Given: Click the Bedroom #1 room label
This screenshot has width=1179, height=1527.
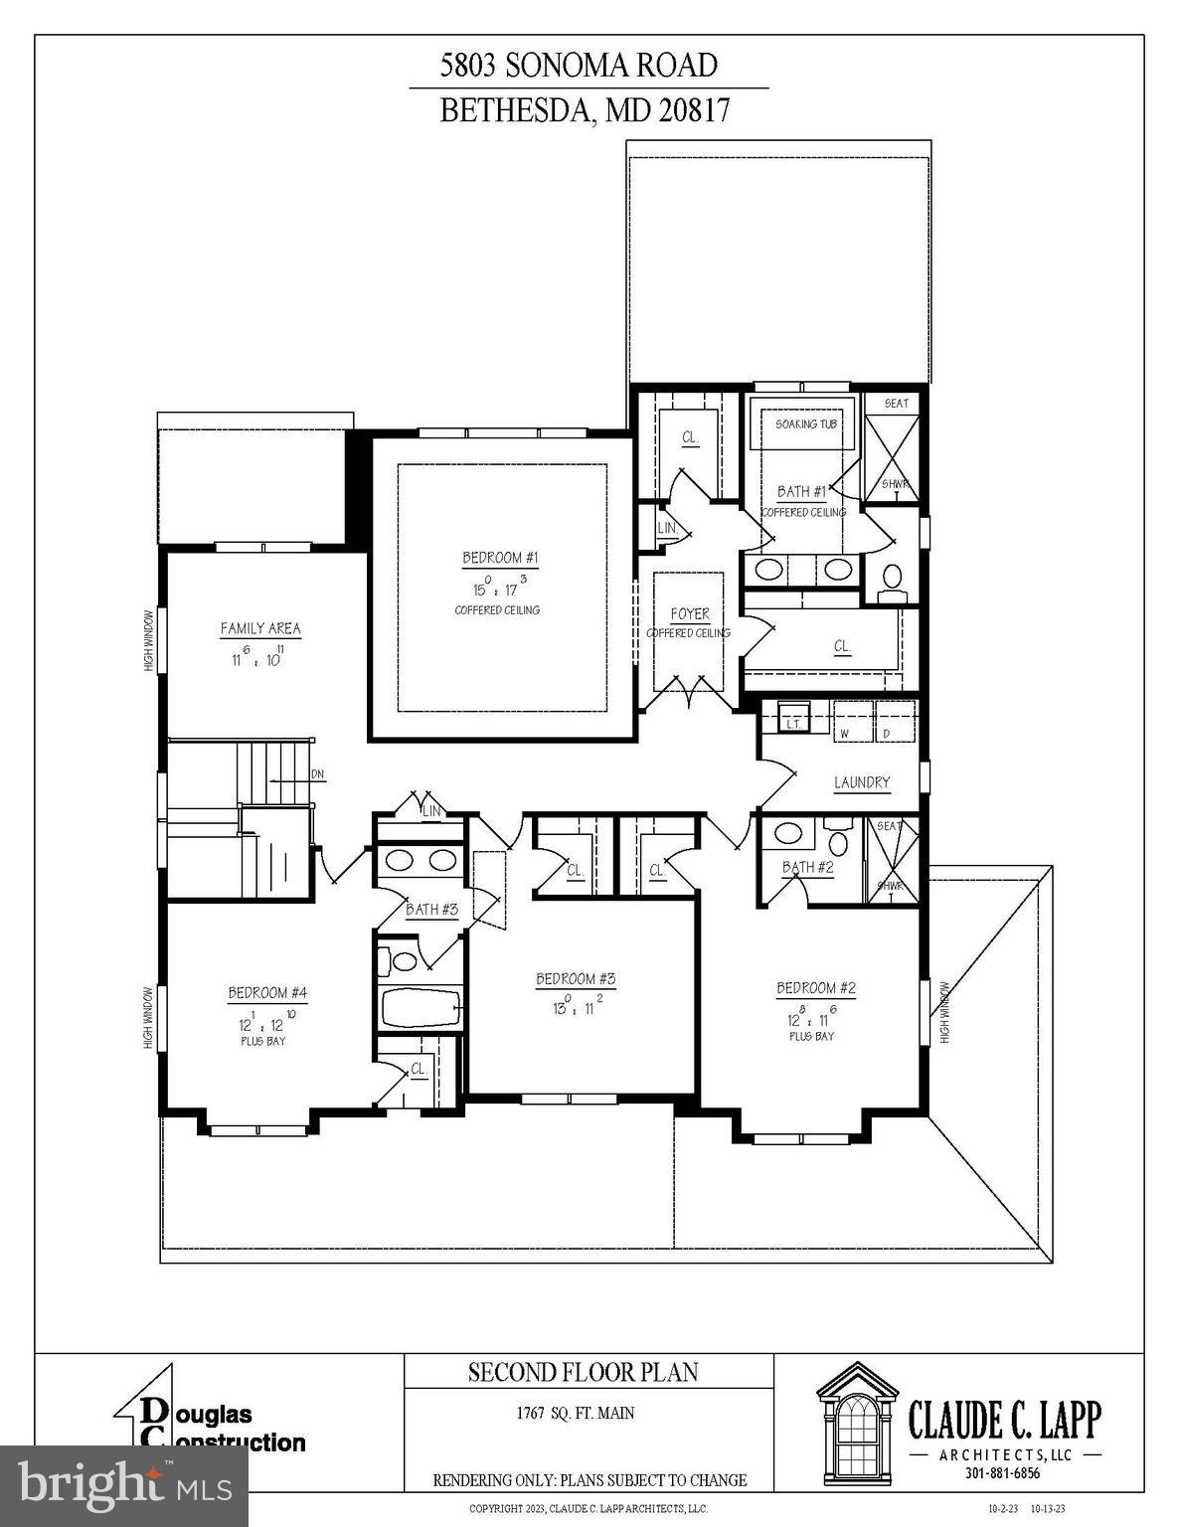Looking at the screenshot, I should (500, 558).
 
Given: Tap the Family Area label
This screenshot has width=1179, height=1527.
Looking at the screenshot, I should (259, 628).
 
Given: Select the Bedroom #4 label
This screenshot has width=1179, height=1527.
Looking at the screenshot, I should (267, 992).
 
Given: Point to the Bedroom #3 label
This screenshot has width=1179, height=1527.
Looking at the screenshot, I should (576, 978).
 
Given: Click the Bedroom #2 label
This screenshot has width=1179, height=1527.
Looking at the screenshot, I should (815, 987).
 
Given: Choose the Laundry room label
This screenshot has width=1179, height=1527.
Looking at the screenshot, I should (861, 782).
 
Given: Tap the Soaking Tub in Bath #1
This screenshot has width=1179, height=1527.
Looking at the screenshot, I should (805, 424).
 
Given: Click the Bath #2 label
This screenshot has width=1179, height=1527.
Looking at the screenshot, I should (807, 867).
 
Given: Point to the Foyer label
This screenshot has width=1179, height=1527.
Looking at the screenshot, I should (689, 614).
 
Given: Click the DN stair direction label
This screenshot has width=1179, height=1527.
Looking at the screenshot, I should (316, 773).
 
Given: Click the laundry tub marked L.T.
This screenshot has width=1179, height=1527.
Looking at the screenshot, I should (793, 720).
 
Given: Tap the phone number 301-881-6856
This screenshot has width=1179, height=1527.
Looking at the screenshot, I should (1002, 1473).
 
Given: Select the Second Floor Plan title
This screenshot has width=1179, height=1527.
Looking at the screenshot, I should (584, 1372).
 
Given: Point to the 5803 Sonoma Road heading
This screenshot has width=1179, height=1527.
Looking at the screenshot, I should (579, 66).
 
